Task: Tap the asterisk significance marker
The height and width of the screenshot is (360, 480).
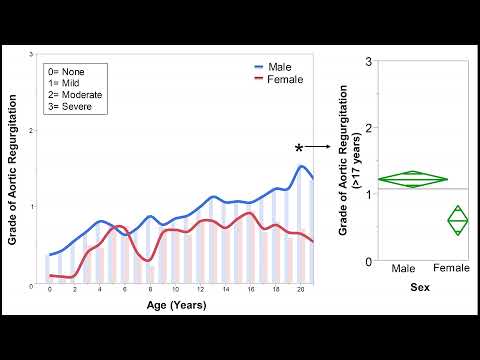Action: [x=299, y=148]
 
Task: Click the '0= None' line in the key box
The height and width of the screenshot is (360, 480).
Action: [x=70, y=72]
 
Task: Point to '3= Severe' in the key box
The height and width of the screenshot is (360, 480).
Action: [x=73, y=105]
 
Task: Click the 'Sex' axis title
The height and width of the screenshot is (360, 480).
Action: [x=423, y=287]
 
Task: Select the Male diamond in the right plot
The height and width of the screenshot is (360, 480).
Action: [x=412, y=180]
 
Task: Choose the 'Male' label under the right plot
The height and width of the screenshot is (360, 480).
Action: [x=404, y=269]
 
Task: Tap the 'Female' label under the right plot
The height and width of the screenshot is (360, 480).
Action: [x=453, y=269]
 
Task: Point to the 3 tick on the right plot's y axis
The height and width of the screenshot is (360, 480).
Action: [x=370, y=61]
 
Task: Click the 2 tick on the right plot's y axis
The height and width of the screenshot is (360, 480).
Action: [x=370, y=128]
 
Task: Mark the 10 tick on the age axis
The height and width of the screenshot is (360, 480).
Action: [x=175, y=290]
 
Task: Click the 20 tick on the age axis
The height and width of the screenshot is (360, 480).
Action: [x=301, y=290]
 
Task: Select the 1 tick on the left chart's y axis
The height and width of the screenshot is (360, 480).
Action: [x=35, y=206]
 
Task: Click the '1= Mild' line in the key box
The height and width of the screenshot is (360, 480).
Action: [x=67, y=83]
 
